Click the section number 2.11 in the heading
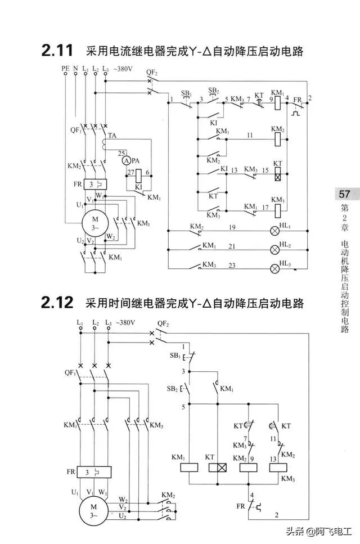coord(57,51)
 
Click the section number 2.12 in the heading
coord(57,303)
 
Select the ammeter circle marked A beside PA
coord(126,160)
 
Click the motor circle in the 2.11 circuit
coord(94,221)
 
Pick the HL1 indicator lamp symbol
coord(276,230)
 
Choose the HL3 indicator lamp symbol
coord(276,268)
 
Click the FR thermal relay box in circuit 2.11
coord(95,185)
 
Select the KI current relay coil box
coord(138,176)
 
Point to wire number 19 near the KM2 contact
coord(231,226)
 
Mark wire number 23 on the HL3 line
coord(231,264)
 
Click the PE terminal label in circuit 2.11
coord(65,68)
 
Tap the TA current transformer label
coord(112,136)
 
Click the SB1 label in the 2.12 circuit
coord(175,356)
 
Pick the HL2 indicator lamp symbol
coord(276,249)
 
